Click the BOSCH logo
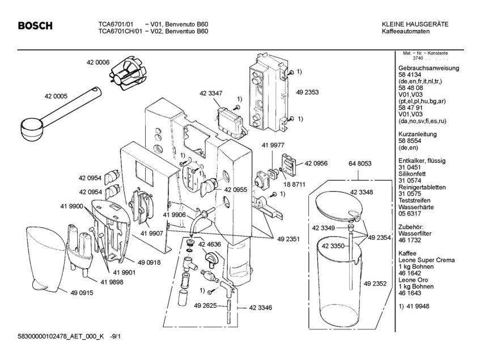pos(35,26)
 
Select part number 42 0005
pos(56,96)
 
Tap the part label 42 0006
pos(98,62)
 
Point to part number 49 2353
pos(307,92)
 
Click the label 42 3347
pos(211,93)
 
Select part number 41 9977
pos(273,145)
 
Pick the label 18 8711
pos(295,185)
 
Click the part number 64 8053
pos(360,164)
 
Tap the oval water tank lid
pos(338,205)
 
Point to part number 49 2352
pos(375,284)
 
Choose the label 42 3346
pos(261,308)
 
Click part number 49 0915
pos(82,293)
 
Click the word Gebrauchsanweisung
pos(428,68)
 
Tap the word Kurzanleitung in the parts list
pos(418,134)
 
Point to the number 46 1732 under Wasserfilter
pos(410,240)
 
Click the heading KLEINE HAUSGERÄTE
pos(415,24)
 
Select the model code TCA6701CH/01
pos(120,31)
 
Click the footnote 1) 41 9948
pos(414,307)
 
